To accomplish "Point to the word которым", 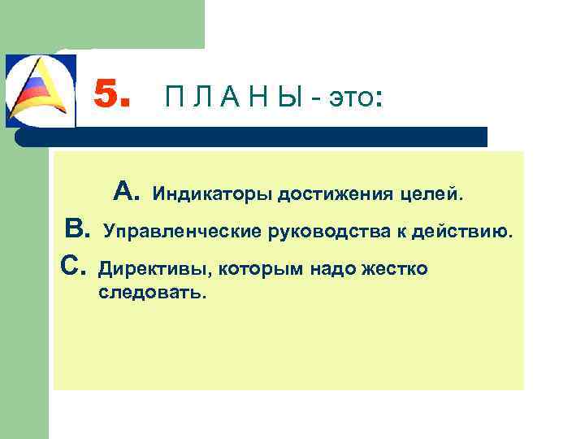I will [x=247, y=268].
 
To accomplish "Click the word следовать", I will [x=152, y=292].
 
